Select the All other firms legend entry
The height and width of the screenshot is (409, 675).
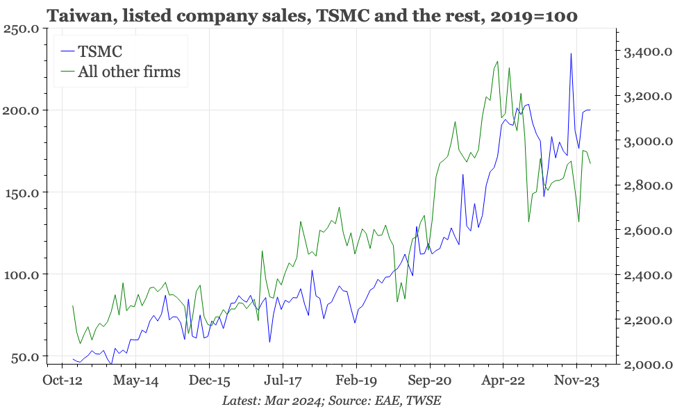click(x=128, y=71)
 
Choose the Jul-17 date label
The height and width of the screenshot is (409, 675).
click(x=283, y=381)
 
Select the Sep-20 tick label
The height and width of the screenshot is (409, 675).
click(x=430, y=381)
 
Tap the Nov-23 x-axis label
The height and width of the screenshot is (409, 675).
click(x=577, y=381)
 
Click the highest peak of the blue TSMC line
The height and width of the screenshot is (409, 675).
click(x=571, y=53)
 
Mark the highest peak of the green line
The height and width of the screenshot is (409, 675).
click(x=497, y=61)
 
